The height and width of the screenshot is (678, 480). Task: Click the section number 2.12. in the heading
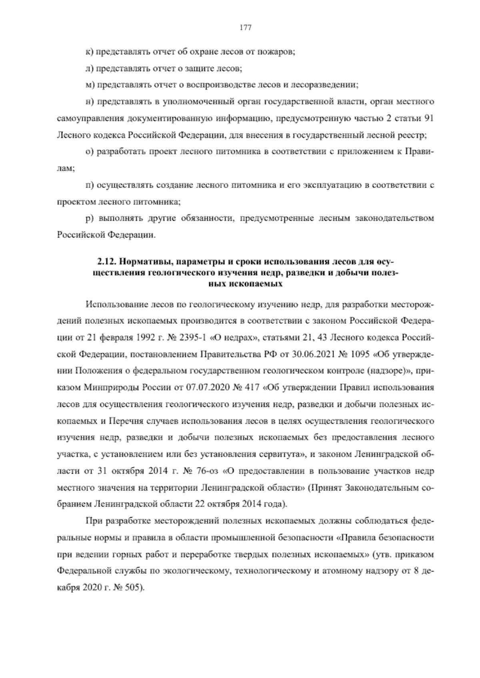pos(107,263)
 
